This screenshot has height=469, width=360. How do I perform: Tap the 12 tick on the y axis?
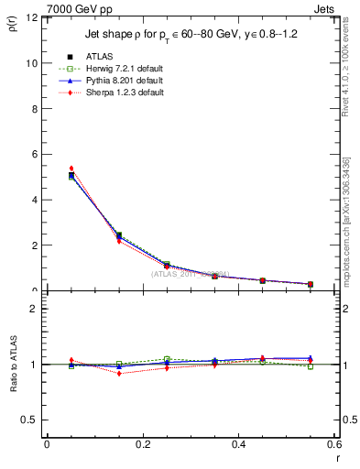(x=31, y=18)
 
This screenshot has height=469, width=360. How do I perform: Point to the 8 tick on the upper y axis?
(x=34, y=109)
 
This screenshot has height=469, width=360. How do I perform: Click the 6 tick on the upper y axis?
(x=34, y=155)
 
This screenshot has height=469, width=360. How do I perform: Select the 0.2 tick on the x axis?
(x=143, y=444)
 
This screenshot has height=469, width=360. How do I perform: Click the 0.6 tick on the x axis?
(x=335, y=444)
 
